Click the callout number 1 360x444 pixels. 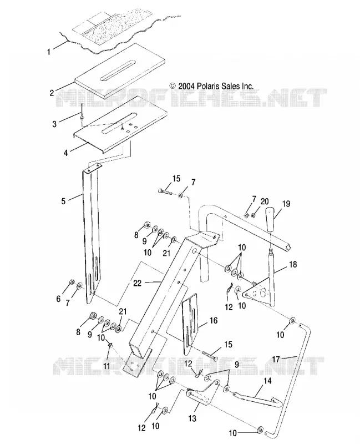49,52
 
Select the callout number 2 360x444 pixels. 52,93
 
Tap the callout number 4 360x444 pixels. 65,153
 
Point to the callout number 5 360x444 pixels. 63,201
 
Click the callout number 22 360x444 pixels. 137,283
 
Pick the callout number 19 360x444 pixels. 286,204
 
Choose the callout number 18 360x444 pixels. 293,265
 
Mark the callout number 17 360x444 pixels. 276,359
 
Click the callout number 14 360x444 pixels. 267,381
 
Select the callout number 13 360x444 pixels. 192,418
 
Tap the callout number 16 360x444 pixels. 214,321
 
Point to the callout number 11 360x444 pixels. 106,366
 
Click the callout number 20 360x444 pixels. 265,201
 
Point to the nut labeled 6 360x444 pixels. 72,282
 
